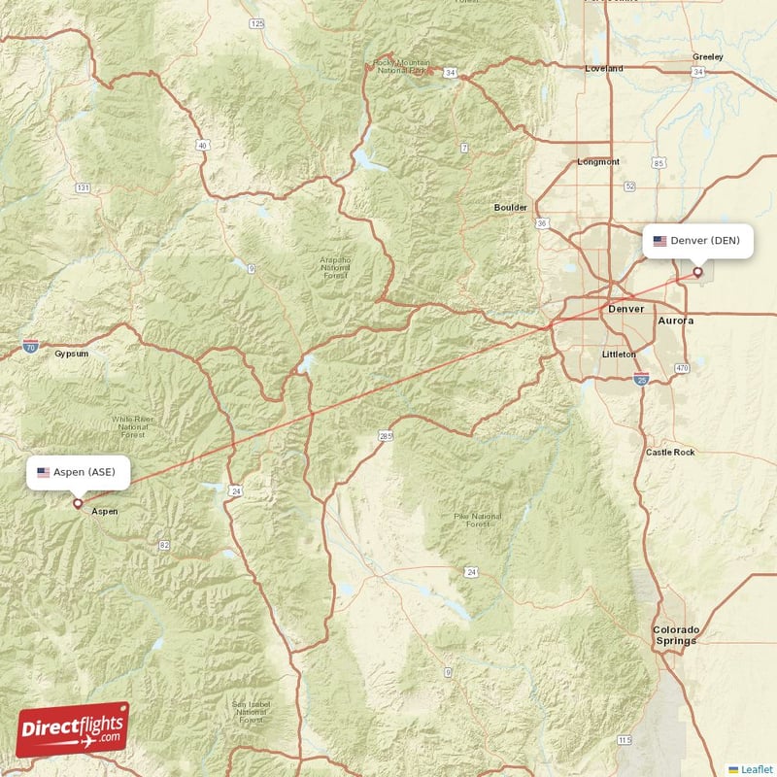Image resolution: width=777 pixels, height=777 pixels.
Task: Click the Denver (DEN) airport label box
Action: pyautogui.click(x=697, y=241)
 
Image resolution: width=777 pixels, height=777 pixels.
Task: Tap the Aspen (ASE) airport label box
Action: pyautogui.click(x=77, y=472)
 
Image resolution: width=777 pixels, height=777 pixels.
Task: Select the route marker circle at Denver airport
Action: pyautogui.click(x=697, y=273)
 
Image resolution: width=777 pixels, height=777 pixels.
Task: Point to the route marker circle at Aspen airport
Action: pyautogui.click(x=78, y=503)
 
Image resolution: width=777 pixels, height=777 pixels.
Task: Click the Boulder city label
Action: pyautogui.click(x=511, y=208)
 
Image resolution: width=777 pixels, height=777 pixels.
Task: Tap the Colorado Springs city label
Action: pyautogui.click(x=675, y=635)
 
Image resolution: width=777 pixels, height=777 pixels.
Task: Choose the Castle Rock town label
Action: pyautogui.click(x=670, y=453)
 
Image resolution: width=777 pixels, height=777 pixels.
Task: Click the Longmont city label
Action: pyautogui.click(x=597, y=162)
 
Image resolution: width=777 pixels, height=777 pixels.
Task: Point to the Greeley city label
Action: pyautogui.click(x=707, y=56)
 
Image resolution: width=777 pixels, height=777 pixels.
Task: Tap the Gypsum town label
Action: pyautogui.click(x=71, y=354)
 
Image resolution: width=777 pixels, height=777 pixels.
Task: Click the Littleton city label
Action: pyautogui.click(x=619, y=355)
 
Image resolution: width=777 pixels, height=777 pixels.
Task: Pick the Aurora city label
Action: pyautogui.click(x=676, y=320)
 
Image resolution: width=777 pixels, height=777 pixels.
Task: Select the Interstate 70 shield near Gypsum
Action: pyautogui.click(x=31, y=345)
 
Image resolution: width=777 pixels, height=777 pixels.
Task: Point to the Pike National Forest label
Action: pyautogui.click(x=477, y=520)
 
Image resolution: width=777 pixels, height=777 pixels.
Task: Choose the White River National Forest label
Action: pyautogui.click(x=134, y=425)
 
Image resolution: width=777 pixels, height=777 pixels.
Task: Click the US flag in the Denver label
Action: pyautogui.click(x=660, y=241)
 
